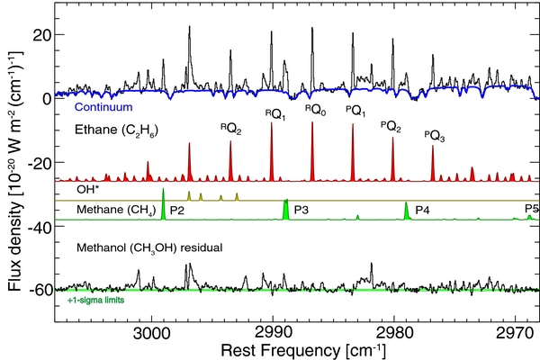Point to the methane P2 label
[x=177, y=210]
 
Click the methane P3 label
[x=301, y=210]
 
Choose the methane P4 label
[x=422, y=210]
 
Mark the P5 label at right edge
[x=531, y=209]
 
